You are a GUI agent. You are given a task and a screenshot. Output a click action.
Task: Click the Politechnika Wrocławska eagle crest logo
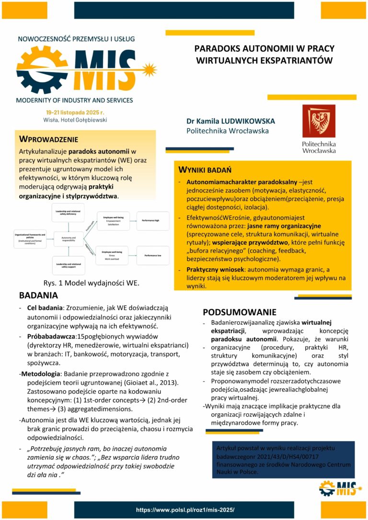point(319,122)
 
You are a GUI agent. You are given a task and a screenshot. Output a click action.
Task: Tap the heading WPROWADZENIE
point(48,139)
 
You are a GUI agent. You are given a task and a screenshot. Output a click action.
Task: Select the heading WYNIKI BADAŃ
point(205,170)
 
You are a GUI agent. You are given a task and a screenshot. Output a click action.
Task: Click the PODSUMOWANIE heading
point(240,312)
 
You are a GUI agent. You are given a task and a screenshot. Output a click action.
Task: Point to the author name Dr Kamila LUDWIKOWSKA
point(231,121)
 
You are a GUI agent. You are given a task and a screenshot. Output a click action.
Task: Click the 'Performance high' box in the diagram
point(153,221)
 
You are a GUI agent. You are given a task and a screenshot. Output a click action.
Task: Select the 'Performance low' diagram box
point(153,256)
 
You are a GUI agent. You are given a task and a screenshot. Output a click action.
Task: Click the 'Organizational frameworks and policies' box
point(30,238)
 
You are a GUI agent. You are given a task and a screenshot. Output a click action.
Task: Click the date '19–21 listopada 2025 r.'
point(74,111)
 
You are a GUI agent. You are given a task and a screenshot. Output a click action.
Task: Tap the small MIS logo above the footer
point(338,488)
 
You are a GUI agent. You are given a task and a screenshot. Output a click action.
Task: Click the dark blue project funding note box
point(283,460)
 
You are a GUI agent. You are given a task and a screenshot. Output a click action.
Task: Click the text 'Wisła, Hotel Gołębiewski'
point(75,120)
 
